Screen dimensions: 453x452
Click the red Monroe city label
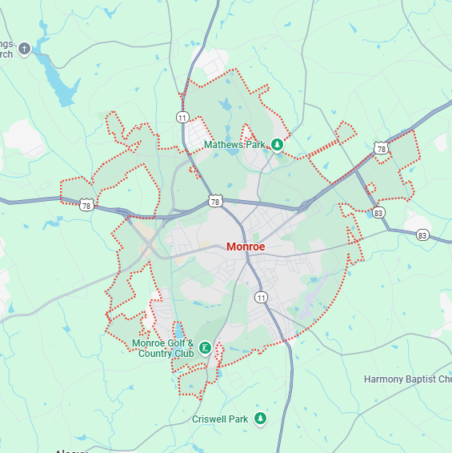(x=246, y=247)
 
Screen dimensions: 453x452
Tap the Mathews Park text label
(x=234, y=145)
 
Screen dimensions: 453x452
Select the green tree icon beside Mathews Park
(x=277, y=145)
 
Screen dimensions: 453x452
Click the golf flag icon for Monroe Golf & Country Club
(x=206, y=348)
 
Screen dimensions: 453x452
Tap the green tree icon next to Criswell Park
(x=260, y=419)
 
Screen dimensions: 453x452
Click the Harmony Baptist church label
(x=407, y=379)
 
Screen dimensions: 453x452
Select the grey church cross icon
(x=24, y=50)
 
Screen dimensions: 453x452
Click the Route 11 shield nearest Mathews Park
(x=182, y=118)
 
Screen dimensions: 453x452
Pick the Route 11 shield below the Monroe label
(x=261, y=297)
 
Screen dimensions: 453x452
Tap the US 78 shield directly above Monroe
(x=215, y=201)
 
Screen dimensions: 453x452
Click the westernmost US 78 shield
(x=86, y=206)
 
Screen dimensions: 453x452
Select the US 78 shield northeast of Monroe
(x=381, y=149)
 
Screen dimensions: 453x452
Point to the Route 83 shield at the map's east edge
(x=422, y=235)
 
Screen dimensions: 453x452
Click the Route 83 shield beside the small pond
(x=378, y=213)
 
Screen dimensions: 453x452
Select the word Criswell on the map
(x=210, y=419)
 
